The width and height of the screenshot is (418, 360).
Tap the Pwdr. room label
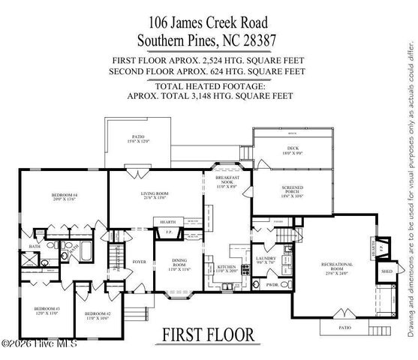[272, 284]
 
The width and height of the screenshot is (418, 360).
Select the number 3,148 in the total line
[203, 96]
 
